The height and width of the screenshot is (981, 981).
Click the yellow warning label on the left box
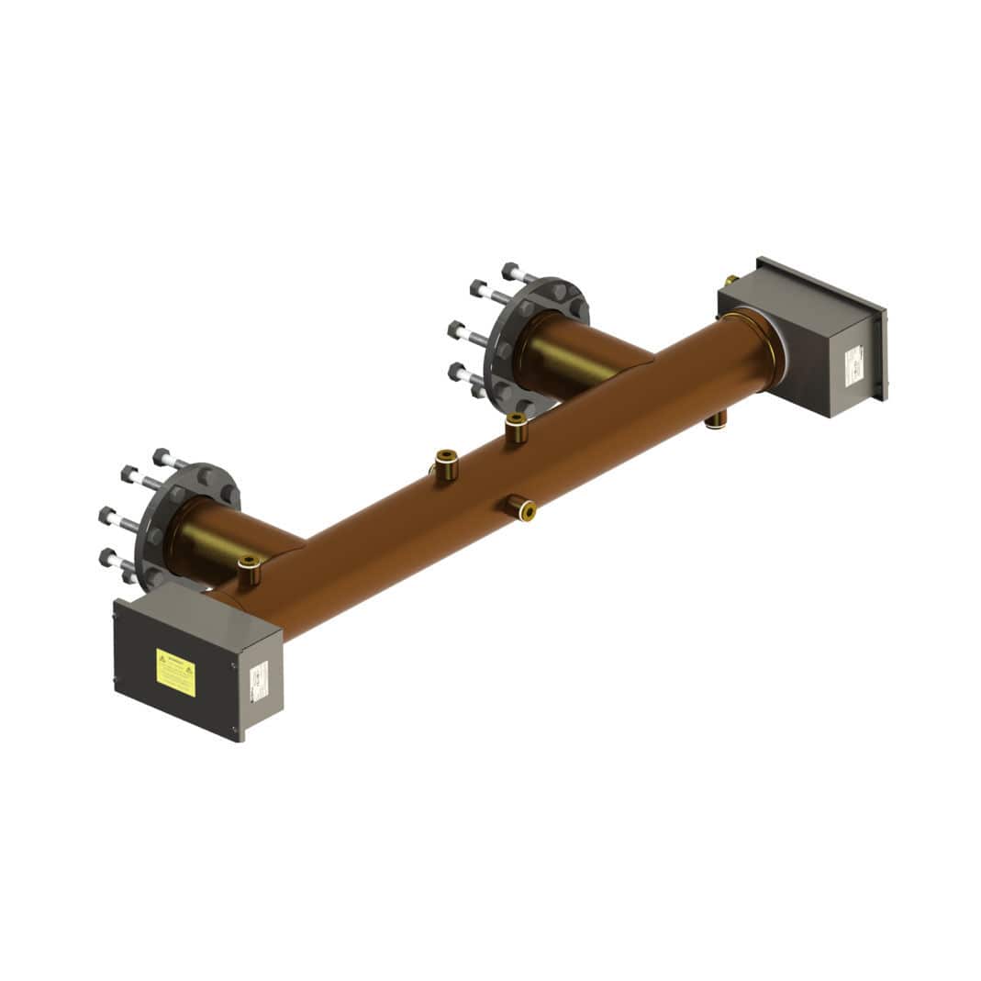[x=175, y=673]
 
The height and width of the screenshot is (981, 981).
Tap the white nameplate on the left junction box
[x=259, y=682]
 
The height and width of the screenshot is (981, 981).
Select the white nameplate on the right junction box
[x=853, y=364]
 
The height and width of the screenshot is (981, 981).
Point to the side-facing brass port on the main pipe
[x=520, y=507]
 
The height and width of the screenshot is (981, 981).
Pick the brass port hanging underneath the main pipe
[x=716, y=420]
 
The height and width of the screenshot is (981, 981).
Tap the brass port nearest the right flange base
[x=516, y=427]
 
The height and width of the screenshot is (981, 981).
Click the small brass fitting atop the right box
[x=730, y=280]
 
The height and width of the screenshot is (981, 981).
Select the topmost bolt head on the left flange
[x=162, y=456]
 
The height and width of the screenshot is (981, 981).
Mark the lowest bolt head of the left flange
[x=108, y=557]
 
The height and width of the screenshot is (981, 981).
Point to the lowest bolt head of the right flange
[x=455, y=372]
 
